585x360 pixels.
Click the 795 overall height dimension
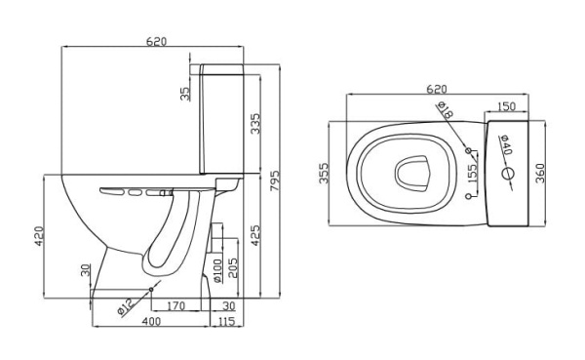tap(275, 180)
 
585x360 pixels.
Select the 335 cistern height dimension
tap(255, 124)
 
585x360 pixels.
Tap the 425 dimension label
tap(255, 235)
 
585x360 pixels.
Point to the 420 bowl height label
tap(40, 236)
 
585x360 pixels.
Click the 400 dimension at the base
tap(151, 321)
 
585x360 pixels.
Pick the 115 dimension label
tap(226, 321)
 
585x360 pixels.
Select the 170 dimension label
tap(175, 306)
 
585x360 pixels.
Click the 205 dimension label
tap(232, 268)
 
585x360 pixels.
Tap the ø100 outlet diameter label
tap(217, 270)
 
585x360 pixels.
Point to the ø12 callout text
tap(126, 307)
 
